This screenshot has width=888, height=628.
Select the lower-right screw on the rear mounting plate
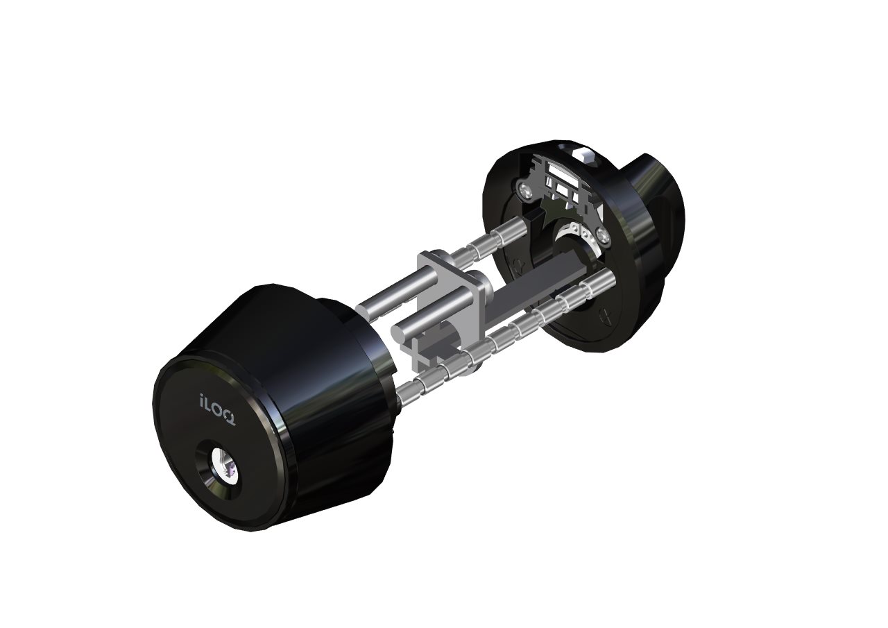603,235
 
